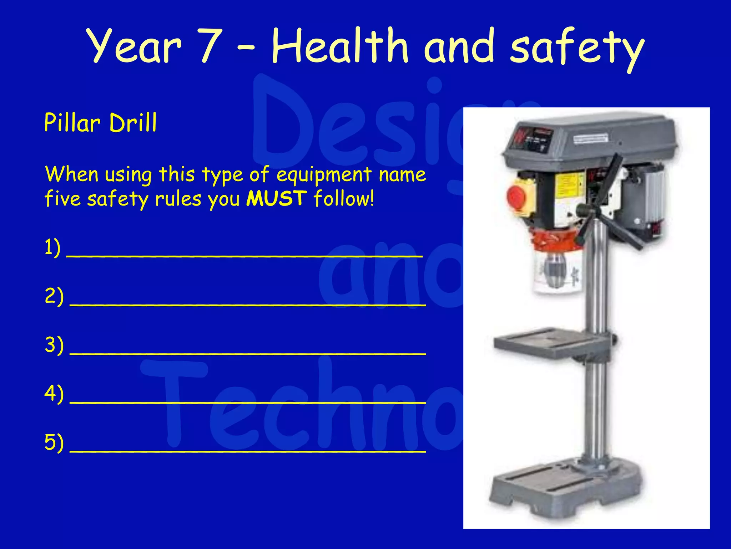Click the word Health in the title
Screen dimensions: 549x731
339,46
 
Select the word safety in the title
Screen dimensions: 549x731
577,48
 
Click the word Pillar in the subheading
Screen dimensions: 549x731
72,123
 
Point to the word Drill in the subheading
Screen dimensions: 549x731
133,123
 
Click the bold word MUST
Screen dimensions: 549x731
277,198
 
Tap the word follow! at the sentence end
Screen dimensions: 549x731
344,198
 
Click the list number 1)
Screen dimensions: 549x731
52,247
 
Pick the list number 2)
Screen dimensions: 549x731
54,296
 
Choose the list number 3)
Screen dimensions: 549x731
54,345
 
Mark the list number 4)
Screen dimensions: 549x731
54,394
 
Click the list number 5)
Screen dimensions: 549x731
54,442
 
